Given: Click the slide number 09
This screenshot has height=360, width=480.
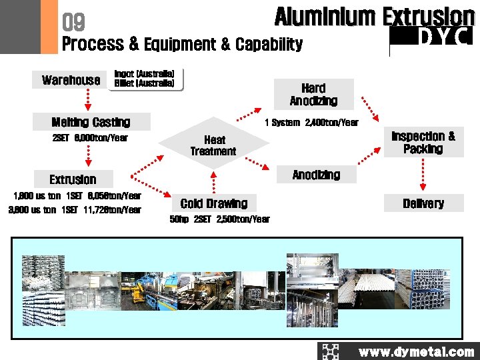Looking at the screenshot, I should tap(73, 23).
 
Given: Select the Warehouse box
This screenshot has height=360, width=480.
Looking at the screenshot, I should tap(71, 80).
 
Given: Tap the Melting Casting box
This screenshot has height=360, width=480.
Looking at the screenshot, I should tap(91, 122).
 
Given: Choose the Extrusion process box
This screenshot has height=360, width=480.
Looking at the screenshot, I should tap(73, 179).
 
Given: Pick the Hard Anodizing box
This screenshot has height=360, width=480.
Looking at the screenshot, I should tap(313, 95).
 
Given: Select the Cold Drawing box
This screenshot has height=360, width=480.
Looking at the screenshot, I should tap(213, 203).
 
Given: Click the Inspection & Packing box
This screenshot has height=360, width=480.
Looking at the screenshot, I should tap(423, 142).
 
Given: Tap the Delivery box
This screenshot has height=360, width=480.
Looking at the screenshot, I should tap(423, 203).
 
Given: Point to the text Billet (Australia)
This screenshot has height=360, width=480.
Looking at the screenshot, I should tap(145, 84).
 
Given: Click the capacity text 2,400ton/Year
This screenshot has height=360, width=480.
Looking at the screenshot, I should tap(331, 123).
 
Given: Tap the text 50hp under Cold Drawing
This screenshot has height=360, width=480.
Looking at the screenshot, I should tap(179, 219).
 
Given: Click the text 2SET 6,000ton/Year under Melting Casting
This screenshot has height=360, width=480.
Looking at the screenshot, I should tap(89, 138).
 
